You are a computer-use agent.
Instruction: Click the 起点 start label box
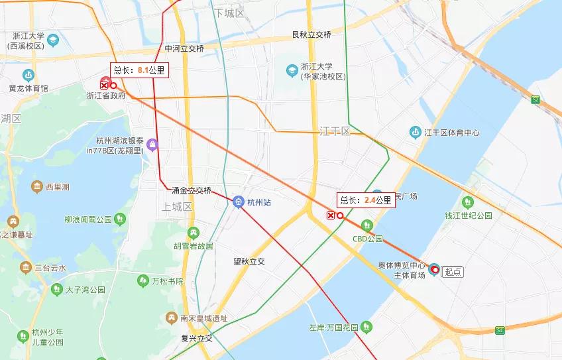453,270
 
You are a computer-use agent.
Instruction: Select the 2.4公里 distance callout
366,200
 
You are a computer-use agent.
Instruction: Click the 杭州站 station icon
239,202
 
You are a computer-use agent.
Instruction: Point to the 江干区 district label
334,131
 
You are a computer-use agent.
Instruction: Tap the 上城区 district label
177,207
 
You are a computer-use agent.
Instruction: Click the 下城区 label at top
229,13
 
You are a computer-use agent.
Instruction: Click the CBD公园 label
368,239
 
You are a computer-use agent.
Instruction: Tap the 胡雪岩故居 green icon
193,233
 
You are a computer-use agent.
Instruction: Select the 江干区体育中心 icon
415,132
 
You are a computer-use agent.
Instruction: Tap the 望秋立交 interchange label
249,261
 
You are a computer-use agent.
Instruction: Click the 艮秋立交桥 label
311,34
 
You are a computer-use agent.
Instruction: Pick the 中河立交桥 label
184,49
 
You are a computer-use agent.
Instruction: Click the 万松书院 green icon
142,282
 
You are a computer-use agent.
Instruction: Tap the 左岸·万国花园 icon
366,328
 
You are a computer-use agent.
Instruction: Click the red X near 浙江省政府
104,84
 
